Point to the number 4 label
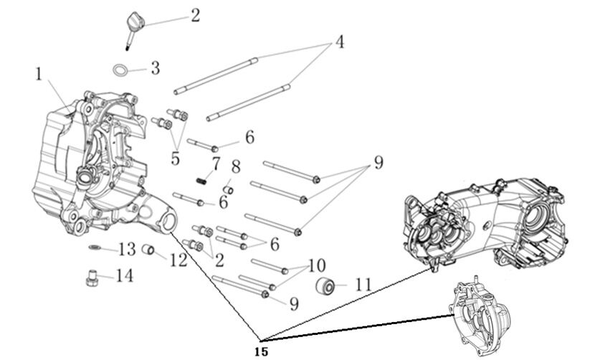pos(339,42)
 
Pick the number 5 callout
pos(175,158)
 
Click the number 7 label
pos(215,164)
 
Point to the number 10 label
pos(317,265)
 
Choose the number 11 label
pos(363,285)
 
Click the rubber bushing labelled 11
pos(327,285)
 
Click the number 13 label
pos(126,249)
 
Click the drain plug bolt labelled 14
pos(91,278)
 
